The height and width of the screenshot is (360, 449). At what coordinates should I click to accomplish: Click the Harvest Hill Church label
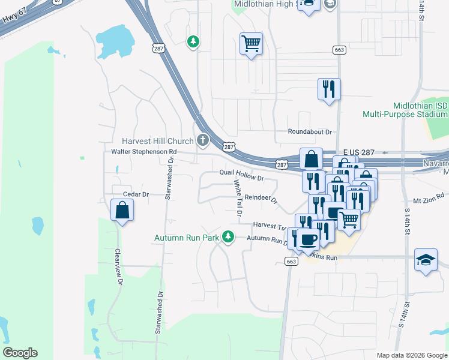click(x=157, y=141)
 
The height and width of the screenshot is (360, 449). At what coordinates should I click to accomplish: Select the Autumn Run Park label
click(x=187, y=238)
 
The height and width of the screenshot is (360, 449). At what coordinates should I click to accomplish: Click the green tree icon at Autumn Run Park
click(x=228, y=238)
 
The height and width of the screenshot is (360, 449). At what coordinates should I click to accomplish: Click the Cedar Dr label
click(x=135, y=194)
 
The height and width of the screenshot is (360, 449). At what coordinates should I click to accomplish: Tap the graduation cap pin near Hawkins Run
click(x=426, y=260)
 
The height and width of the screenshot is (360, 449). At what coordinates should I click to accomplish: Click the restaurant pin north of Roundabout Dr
click(x=329, y=90)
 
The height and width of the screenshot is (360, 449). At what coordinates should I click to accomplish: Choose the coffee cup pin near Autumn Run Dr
click(x=309, y=239)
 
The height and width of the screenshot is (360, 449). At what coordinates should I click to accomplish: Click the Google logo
click(x=20, y=353)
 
